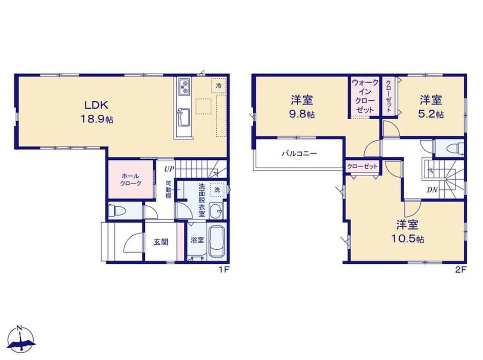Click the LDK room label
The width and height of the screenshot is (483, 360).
click(96, 105)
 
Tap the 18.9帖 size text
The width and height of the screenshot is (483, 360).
click(97, 119)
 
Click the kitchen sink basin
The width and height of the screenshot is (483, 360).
click(183, 117)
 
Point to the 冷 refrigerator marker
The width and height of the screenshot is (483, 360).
click(219, 85)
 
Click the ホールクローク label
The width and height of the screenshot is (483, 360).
click(130, 180)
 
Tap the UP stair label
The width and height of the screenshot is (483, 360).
click(169, 169)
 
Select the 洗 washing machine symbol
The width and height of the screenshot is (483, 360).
click(217, 190)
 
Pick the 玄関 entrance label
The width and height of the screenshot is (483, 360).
click(161, 242)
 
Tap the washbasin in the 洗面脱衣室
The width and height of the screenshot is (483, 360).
click(216, 211)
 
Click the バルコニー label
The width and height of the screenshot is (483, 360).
click(299, 153)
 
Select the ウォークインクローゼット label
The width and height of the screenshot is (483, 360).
click(365, 96)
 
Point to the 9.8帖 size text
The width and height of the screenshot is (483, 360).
click(302, 115)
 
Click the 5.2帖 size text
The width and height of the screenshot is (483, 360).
click(431, 115)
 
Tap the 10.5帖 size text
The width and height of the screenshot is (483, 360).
click(407, 239)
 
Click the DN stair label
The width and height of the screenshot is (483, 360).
click(432, 190)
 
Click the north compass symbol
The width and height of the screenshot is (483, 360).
click(21, 340)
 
